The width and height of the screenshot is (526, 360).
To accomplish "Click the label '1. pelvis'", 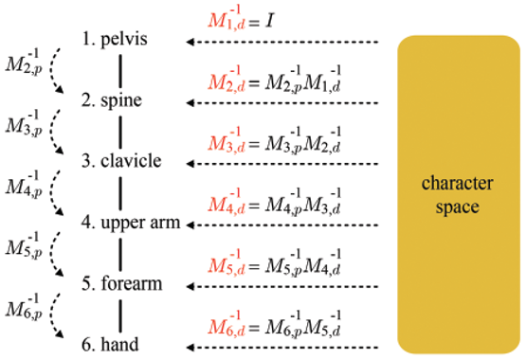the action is (115, 39).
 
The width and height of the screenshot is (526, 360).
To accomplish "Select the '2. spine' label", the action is (112, 100).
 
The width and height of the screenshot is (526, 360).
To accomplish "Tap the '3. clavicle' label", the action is (121, 161).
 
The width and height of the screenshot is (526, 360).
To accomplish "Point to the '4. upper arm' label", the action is (131, 223).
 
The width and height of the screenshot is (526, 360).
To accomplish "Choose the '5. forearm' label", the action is (122, 283).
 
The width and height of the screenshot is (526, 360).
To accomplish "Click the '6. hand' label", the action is (110, 345).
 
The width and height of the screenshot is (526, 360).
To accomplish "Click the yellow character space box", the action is (459, 194).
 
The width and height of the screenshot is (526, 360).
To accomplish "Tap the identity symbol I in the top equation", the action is (269, 22).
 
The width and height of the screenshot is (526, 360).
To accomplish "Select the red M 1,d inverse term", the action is (227, 18).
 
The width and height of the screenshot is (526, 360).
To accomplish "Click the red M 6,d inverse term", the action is (227, 324).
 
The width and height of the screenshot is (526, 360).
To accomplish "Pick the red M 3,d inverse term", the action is (227, 140).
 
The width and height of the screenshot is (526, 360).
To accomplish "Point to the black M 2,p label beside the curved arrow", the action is (24, 62).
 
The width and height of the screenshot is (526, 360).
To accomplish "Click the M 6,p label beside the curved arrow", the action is (24, 307).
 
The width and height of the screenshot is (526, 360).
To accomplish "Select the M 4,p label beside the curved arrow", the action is (24, 185).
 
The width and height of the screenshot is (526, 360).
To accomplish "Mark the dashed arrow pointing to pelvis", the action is (282, 42).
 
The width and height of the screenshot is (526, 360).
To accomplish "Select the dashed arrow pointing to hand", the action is (282, 348).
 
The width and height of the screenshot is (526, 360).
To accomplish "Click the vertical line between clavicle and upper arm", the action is (120, 194).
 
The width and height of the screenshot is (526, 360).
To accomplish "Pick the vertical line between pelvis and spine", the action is (120, 72).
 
